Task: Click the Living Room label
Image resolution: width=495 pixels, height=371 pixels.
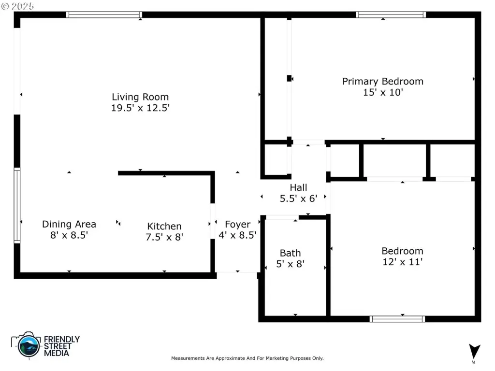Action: pyautogui.click(x=140, y=97)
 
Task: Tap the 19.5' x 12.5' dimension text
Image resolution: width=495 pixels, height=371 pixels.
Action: pyautogui.click(x=140, y=108)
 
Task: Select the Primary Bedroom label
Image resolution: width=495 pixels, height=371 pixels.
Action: pyautogui.click(x=383, y=81)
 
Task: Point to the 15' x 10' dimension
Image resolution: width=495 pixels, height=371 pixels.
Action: pyautogui.click(x=383, y=92)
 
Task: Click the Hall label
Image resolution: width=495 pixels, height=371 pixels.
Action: pyautogui.click(x=298, y=188)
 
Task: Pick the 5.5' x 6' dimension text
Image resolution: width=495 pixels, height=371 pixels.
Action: pyautogui.click(x=298, y=199)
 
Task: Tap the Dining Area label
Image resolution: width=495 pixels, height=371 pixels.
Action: pyautogui.click(x=69, y=224)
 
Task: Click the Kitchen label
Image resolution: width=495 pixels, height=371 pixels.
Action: pyautogui.click(x=164, y=226)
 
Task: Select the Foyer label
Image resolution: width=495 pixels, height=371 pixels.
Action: pyautogui.click(x=238, y=224)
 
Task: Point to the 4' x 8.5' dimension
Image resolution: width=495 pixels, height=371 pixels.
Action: pyautogui.click(x=237, y=235)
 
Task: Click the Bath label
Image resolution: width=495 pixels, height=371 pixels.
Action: pyautogui.click(x=290, y=253)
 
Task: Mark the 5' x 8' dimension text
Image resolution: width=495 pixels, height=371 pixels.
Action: pyautogui.click(x=290, y=264)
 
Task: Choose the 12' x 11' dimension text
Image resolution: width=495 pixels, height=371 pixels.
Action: pyautogui.click(x=403, y=262)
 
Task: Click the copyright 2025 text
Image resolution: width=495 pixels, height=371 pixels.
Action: pyautogui.click(x=18, y=6)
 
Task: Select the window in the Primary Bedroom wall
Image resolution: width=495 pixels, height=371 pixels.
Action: pyautogui.click(x=391, y=14)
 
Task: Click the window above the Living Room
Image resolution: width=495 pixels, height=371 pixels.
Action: pyautogui.click(x=104, y=14)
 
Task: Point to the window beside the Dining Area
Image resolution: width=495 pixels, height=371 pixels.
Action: pyautogui.click(x=17, y=205)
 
